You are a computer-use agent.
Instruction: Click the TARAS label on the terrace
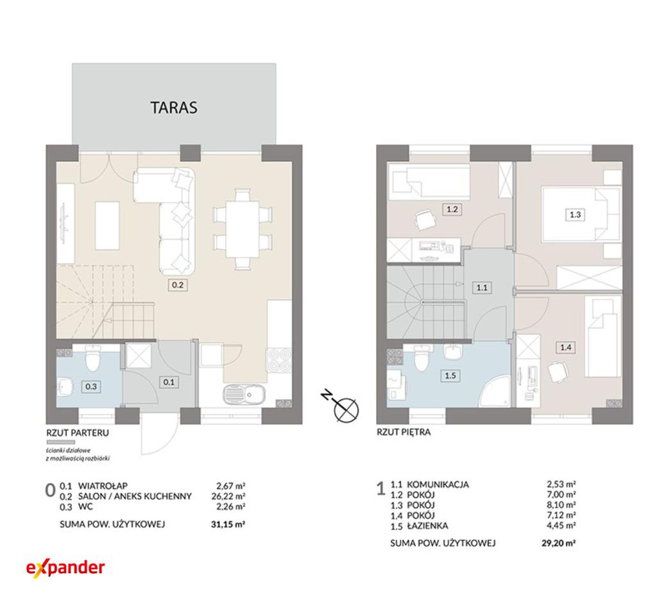pyautogui.click(x=173, y=108)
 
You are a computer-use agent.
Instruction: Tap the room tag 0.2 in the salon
pyautogui.click(x=178, y=285)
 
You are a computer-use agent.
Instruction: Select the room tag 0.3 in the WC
pyautogui.click(x=91, y=386)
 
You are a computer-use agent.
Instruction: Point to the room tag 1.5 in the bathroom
pyautogui.click(x=450, y=375)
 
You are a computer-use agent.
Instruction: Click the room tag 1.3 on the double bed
pyautogui.click(x=575, y=214)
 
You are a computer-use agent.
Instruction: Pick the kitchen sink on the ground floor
pyautogui.click(x=244, y=395)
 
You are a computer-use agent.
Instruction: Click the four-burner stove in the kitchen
pyautogui.click(x=279, y=360)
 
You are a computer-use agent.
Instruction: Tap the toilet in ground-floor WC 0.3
pyautogui.click(x=92, y=359)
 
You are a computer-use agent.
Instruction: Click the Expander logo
pyautogui.click(x=65, y=568)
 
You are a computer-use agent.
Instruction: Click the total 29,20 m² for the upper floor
pyautogui.click(x=559, y=544)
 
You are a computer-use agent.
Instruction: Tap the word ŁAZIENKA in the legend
pyautogui.click(x=427, y=525)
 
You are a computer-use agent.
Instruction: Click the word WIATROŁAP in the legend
pyautogui.click(x=103, y=486)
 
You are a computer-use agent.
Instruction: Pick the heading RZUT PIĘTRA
pyautogui.click(x=404, y=432)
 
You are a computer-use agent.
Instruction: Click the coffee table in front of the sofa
pyautogui.click(x=108, y=225)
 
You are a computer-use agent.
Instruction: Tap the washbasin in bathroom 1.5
pyautogui.click(x=452, y=352)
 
